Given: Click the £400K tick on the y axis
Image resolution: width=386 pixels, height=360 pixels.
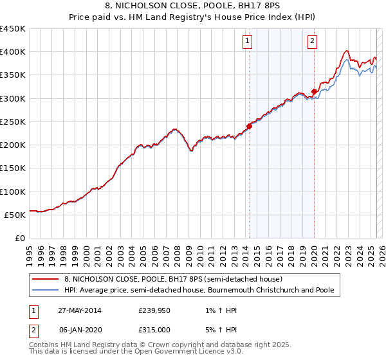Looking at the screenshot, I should (x=13, y=52).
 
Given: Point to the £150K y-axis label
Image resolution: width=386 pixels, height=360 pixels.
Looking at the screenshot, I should (x=13, y=168).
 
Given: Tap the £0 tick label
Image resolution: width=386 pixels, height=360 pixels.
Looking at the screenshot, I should (x=21, y=239).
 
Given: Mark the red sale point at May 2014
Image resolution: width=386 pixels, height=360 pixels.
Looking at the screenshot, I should (x=249, y=126).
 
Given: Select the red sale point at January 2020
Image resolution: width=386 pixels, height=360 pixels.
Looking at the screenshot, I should (x=314, y=91).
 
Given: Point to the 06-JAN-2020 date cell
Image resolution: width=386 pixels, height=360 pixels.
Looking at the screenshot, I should (x=77, y=330).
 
